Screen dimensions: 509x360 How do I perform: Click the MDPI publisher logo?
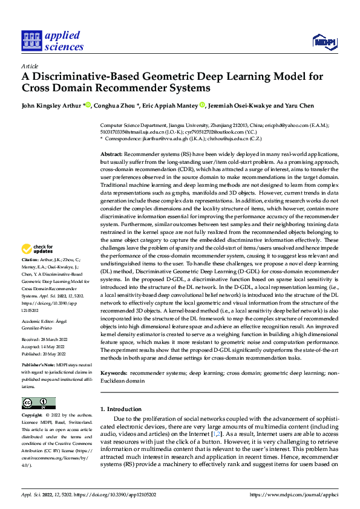[x=324, y=41]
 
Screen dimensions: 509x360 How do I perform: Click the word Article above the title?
[x=30, y=66]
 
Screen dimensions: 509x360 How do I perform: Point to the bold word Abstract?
[x=111, y=155]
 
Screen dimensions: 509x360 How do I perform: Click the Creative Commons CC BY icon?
[x=38, y=403]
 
